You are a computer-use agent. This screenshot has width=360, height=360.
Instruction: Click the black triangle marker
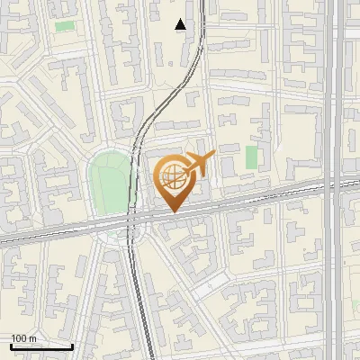[x=181, y=24]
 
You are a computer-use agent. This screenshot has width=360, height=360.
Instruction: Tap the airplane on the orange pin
[x=199, y=164]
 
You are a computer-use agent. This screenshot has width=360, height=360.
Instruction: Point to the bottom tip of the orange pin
[x=171, y=211]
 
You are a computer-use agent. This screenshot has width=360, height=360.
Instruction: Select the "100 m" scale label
[x=24, y=338]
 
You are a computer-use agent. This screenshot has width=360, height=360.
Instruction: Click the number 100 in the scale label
[x=20, y=338]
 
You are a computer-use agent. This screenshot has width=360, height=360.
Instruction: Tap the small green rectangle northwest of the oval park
[x=65, y=26]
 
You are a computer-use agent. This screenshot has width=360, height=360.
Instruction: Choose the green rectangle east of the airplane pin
[x=252, y=157]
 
